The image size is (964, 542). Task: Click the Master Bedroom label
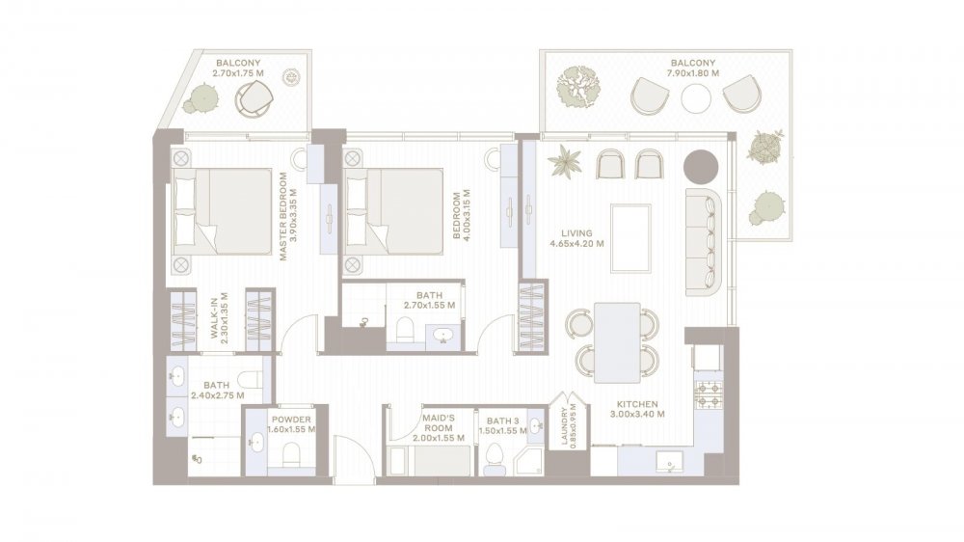[x=283, y=216]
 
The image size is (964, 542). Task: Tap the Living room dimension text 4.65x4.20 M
[x=576, y=244]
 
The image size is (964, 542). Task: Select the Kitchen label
[x=637, y=404]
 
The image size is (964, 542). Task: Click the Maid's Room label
[x=439, y=422]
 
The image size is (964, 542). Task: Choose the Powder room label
[x=291, y=420]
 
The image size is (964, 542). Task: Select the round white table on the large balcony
[x=696, y=98]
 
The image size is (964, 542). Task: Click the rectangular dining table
[x=617, y=342]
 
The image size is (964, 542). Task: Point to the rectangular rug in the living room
[x=630, y=238]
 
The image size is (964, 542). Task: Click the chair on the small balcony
[x=253, y=99]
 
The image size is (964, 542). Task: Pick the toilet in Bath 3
[x=495, y=458]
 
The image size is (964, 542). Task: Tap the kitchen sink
[x=670, y=462]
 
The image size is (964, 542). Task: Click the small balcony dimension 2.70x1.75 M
[x=238, y=73]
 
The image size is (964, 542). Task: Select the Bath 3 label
[x=503, y=420]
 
